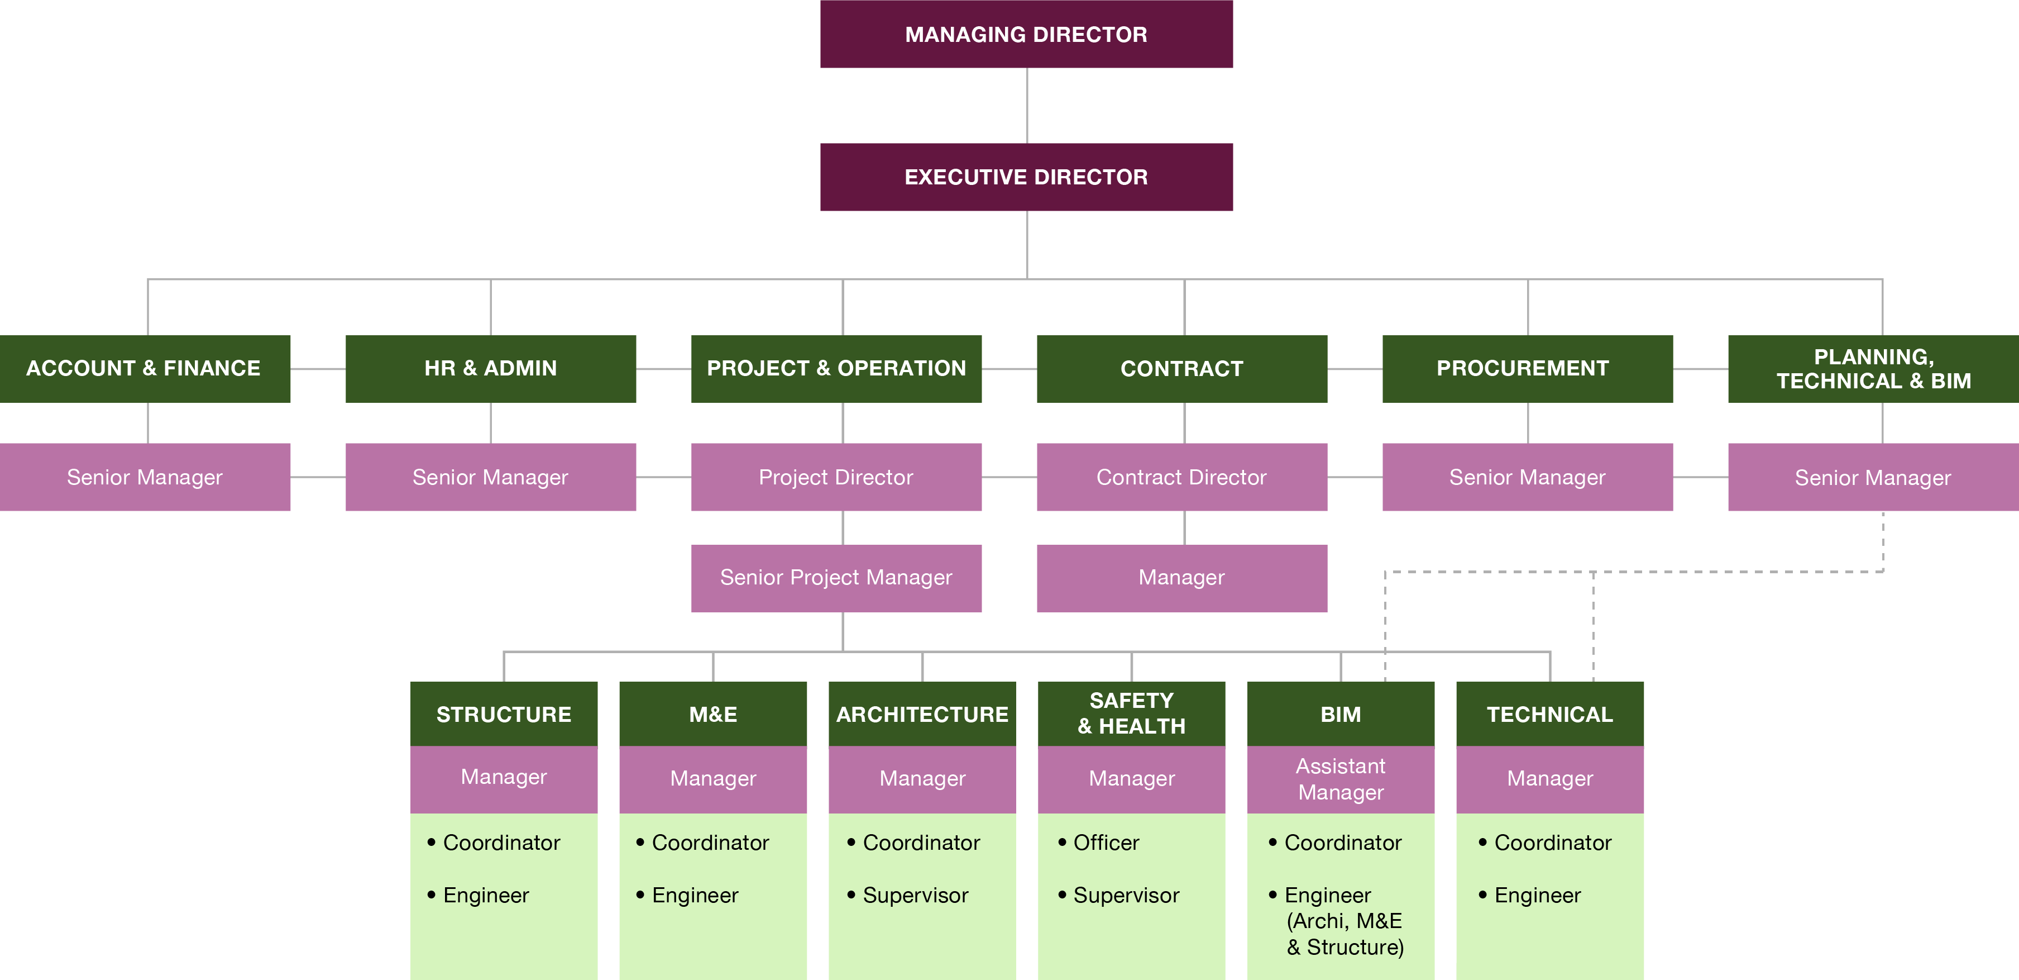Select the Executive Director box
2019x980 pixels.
(x=1026, y=177)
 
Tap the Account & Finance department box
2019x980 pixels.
(x=145, y=369)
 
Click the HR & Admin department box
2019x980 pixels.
(x=491, y=369)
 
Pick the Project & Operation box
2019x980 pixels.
(x=836, y=369)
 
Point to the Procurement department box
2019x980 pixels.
(x=1527, y=369)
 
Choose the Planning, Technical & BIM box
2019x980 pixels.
(x=1873, y=369)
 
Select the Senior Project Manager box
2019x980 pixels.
(x=836, y=578)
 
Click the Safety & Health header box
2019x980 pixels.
(x=1131, y=713)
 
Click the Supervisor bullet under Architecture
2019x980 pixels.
(x=915, y=895)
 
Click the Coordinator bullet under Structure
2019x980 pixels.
(x=501, y=843)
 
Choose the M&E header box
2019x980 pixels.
(x=712, y=714)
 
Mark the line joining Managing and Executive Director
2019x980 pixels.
(x=1027, y=106)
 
